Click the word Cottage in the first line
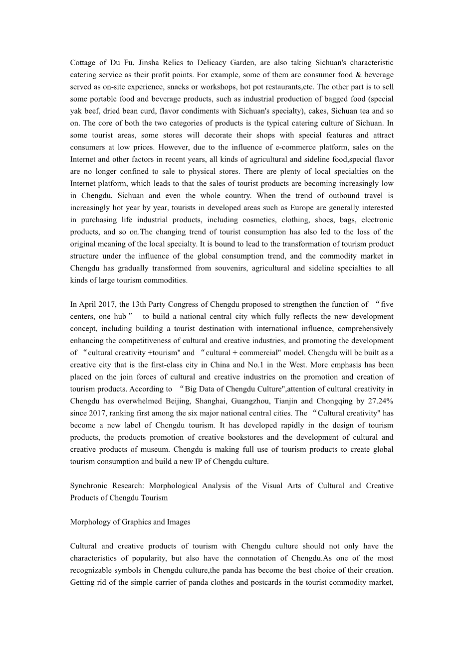83,63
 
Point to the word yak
76,111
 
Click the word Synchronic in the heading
89,486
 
